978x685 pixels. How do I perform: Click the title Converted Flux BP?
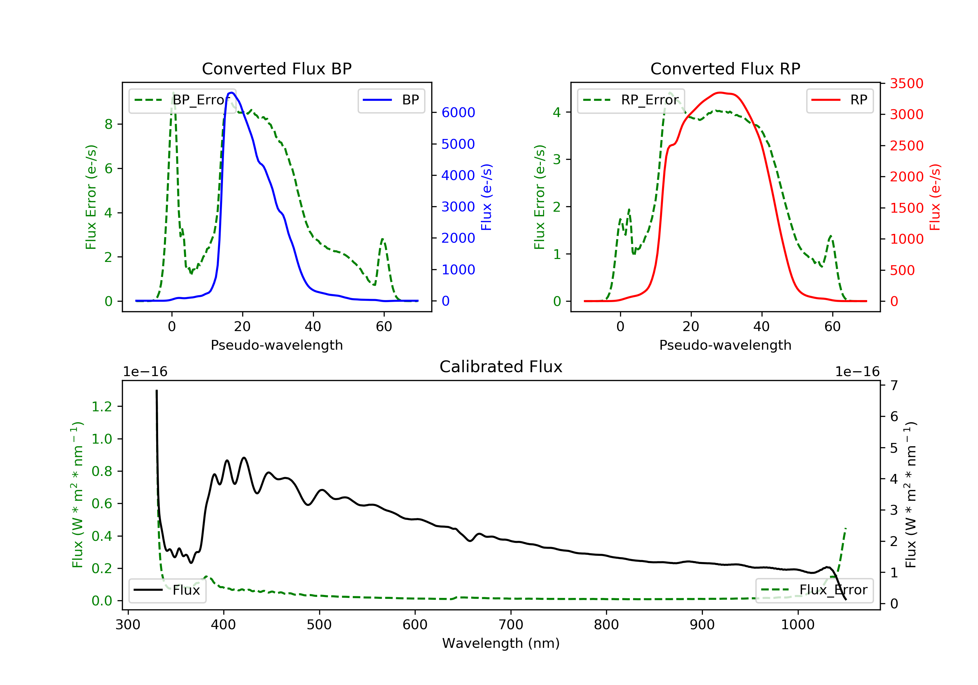277,68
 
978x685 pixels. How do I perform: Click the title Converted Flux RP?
725,68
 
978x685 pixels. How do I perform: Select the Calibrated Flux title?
501,367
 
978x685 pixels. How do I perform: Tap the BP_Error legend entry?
182,100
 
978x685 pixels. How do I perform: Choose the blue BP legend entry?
391,100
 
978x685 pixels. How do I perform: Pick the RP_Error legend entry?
631,100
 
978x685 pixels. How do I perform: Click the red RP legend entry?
839,100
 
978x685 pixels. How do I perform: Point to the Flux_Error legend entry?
814,590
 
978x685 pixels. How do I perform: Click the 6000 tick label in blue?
458,113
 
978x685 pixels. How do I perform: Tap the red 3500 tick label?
906,84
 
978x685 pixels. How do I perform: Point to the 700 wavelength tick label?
511,625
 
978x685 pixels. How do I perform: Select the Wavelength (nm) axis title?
501,643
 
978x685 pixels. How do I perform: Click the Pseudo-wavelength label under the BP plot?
277,345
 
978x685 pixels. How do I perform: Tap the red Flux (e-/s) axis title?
935,197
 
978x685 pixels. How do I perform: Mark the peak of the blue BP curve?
231,93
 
